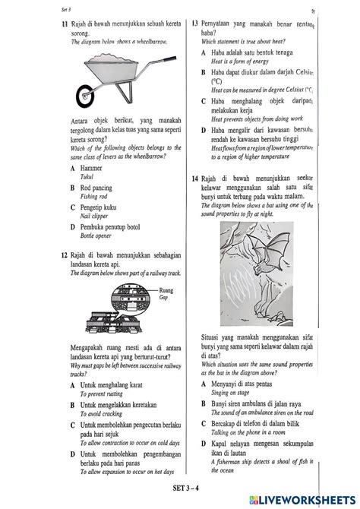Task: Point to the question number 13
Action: click(x=195, y=24)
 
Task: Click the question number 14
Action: click(x=195, y=177)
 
